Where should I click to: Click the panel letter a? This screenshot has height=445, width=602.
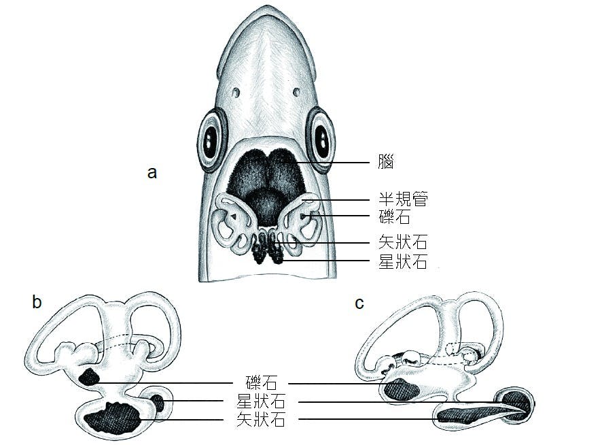coord(152,173)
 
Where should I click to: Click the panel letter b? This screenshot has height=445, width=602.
coord(37,302)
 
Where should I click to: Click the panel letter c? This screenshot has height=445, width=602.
coord(359,303)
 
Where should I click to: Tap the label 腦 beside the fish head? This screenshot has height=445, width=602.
coord(386,163)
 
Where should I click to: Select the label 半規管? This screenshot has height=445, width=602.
coord(403,199)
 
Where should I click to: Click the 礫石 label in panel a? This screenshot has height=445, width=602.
coord(394,217)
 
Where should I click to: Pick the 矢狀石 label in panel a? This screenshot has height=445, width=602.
coord(403,242)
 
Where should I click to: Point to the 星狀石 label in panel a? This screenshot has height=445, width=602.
coord(403,261)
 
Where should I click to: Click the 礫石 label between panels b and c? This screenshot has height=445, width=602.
coord(261,383)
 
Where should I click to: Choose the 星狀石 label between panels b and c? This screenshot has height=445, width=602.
coord(261,401)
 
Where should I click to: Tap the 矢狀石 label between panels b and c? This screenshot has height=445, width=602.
coord(261,419)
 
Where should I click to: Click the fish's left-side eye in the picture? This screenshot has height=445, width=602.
coord(211,140)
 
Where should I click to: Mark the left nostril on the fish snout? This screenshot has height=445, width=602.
coord(236,93)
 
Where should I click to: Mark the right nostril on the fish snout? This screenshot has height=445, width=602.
coord(296,92)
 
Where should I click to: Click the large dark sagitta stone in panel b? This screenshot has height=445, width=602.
coord(113,420)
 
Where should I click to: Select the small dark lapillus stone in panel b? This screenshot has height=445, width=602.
coord(89,377)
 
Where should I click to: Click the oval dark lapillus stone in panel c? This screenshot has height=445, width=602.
coord(402,391)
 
